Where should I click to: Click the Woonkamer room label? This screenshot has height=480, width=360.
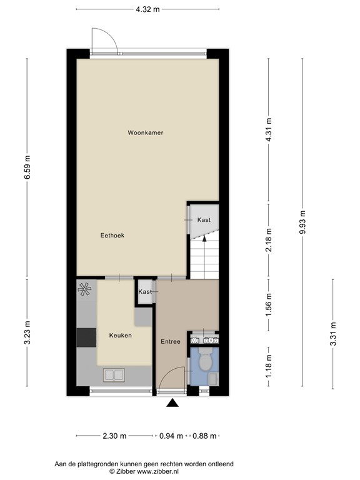[146, 132]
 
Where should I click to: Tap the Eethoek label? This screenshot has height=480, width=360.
[112, 236]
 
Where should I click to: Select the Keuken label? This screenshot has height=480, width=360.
[121, 336]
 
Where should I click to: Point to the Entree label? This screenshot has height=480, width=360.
[170, 341]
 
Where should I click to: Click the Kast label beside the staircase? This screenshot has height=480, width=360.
[204, 220]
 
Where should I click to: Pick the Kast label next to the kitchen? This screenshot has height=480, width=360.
[145, 292]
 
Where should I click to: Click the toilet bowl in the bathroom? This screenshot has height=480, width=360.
[204, 362]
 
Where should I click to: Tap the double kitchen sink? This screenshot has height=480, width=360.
[114, 374]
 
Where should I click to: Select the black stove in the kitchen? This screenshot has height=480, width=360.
[86, 337]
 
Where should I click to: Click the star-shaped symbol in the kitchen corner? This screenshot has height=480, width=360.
[84, 288]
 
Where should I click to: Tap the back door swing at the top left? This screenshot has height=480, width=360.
[103, 41]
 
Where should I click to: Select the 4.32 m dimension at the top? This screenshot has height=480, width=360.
[147, 9]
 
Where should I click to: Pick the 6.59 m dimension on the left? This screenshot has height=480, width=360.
[26, 167]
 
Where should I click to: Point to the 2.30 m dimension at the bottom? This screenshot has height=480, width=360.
[115, 436]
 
